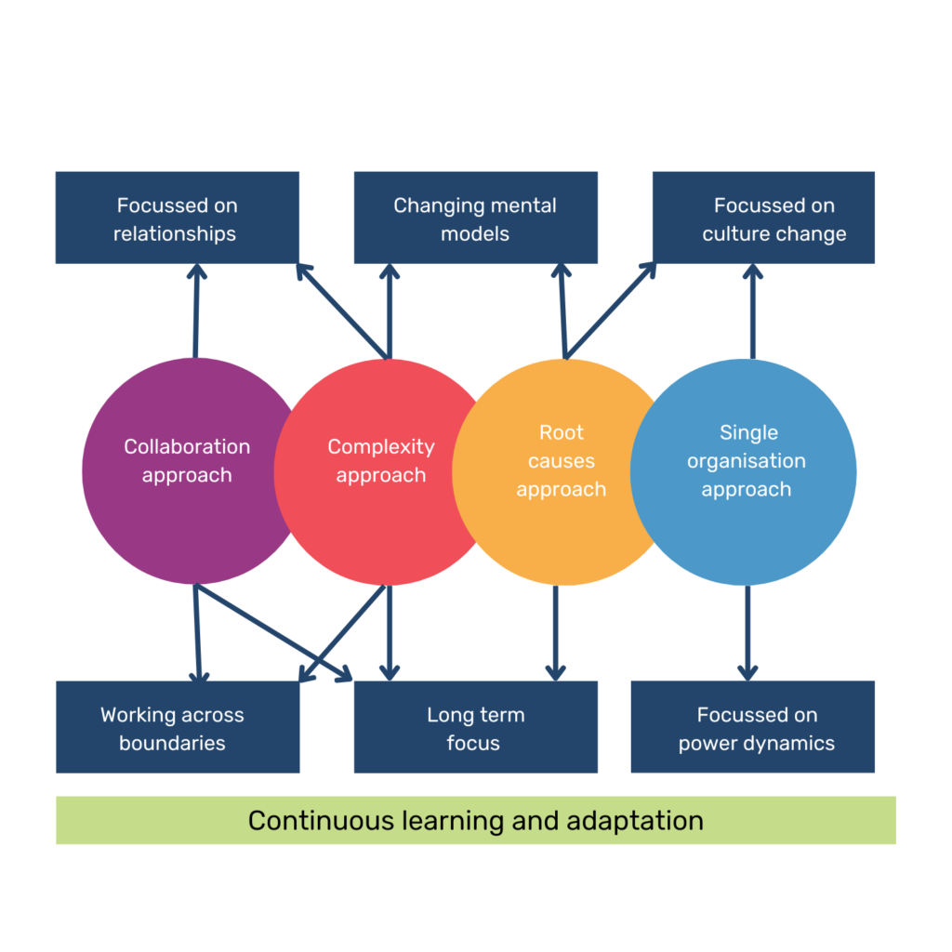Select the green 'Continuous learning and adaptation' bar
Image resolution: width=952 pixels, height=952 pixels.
[x=476, y=820]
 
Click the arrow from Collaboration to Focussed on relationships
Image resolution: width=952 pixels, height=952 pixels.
[x=195, y=311]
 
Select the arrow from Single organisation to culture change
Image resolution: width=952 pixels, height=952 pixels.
[x=752, y=311]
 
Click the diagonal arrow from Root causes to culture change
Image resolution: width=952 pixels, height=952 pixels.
[x=610, y=311]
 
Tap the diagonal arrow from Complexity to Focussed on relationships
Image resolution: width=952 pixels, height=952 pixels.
[x=342, y=311]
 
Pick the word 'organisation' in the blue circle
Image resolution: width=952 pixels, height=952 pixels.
[x=747, y=461]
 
